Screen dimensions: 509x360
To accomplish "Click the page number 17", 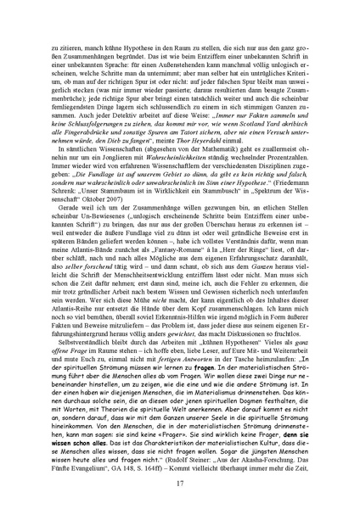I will [180, 484].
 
